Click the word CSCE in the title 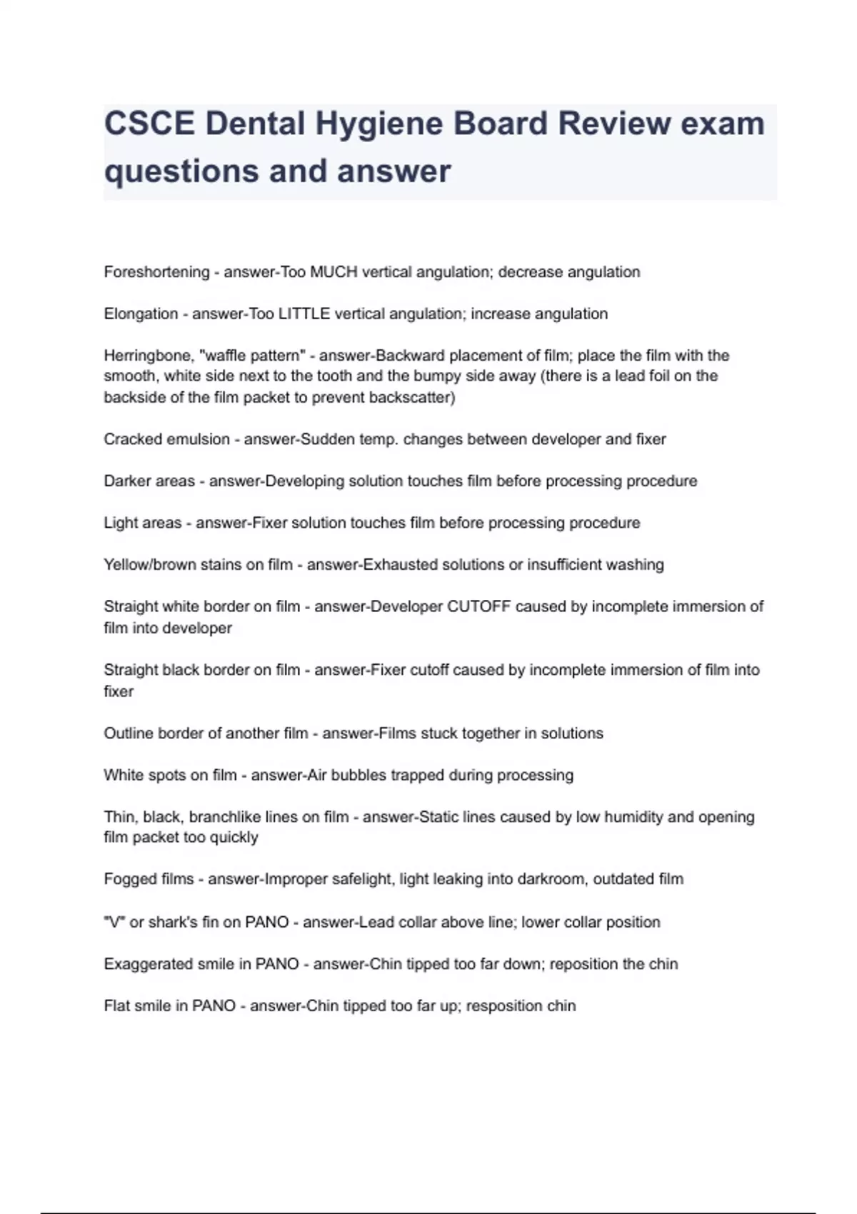[149, 124]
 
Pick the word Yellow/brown [149, 565]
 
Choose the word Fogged [127, 879]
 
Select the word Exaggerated [146, 965]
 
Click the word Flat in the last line [116, 1006]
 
